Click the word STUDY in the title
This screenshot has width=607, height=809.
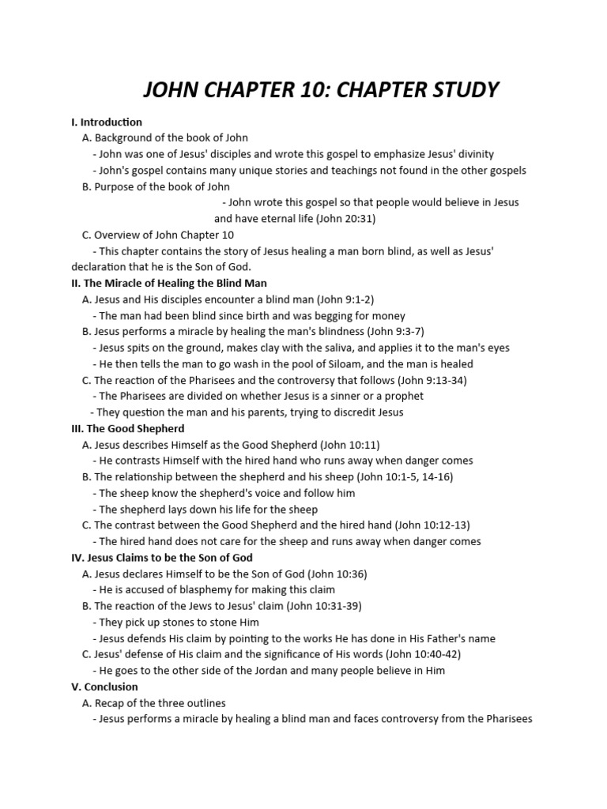coord(461,90)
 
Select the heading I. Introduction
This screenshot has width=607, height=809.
coord(107,122)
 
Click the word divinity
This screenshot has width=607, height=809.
coord(473,154)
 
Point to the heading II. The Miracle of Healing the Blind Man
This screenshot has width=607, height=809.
coord(169,283)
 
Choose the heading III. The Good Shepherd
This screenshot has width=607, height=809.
coord(127,428)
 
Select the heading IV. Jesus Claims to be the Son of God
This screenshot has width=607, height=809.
coord(162,558)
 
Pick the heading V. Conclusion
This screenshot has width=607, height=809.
coord(104,687)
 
